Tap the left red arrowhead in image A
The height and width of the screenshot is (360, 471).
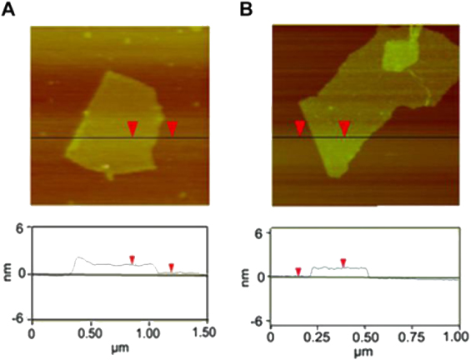click(132, 127)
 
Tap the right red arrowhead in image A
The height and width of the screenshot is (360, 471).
click(172, 127)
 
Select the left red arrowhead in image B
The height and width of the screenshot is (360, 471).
click(300, 127)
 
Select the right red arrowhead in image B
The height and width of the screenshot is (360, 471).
click(343, 127)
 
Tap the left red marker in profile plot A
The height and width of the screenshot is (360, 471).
click(131, 259)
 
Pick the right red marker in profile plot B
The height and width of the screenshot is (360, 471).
click(342, 262)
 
